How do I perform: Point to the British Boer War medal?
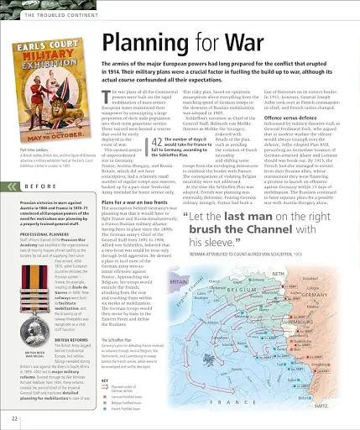(29, 314)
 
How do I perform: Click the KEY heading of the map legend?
(103, 381)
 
